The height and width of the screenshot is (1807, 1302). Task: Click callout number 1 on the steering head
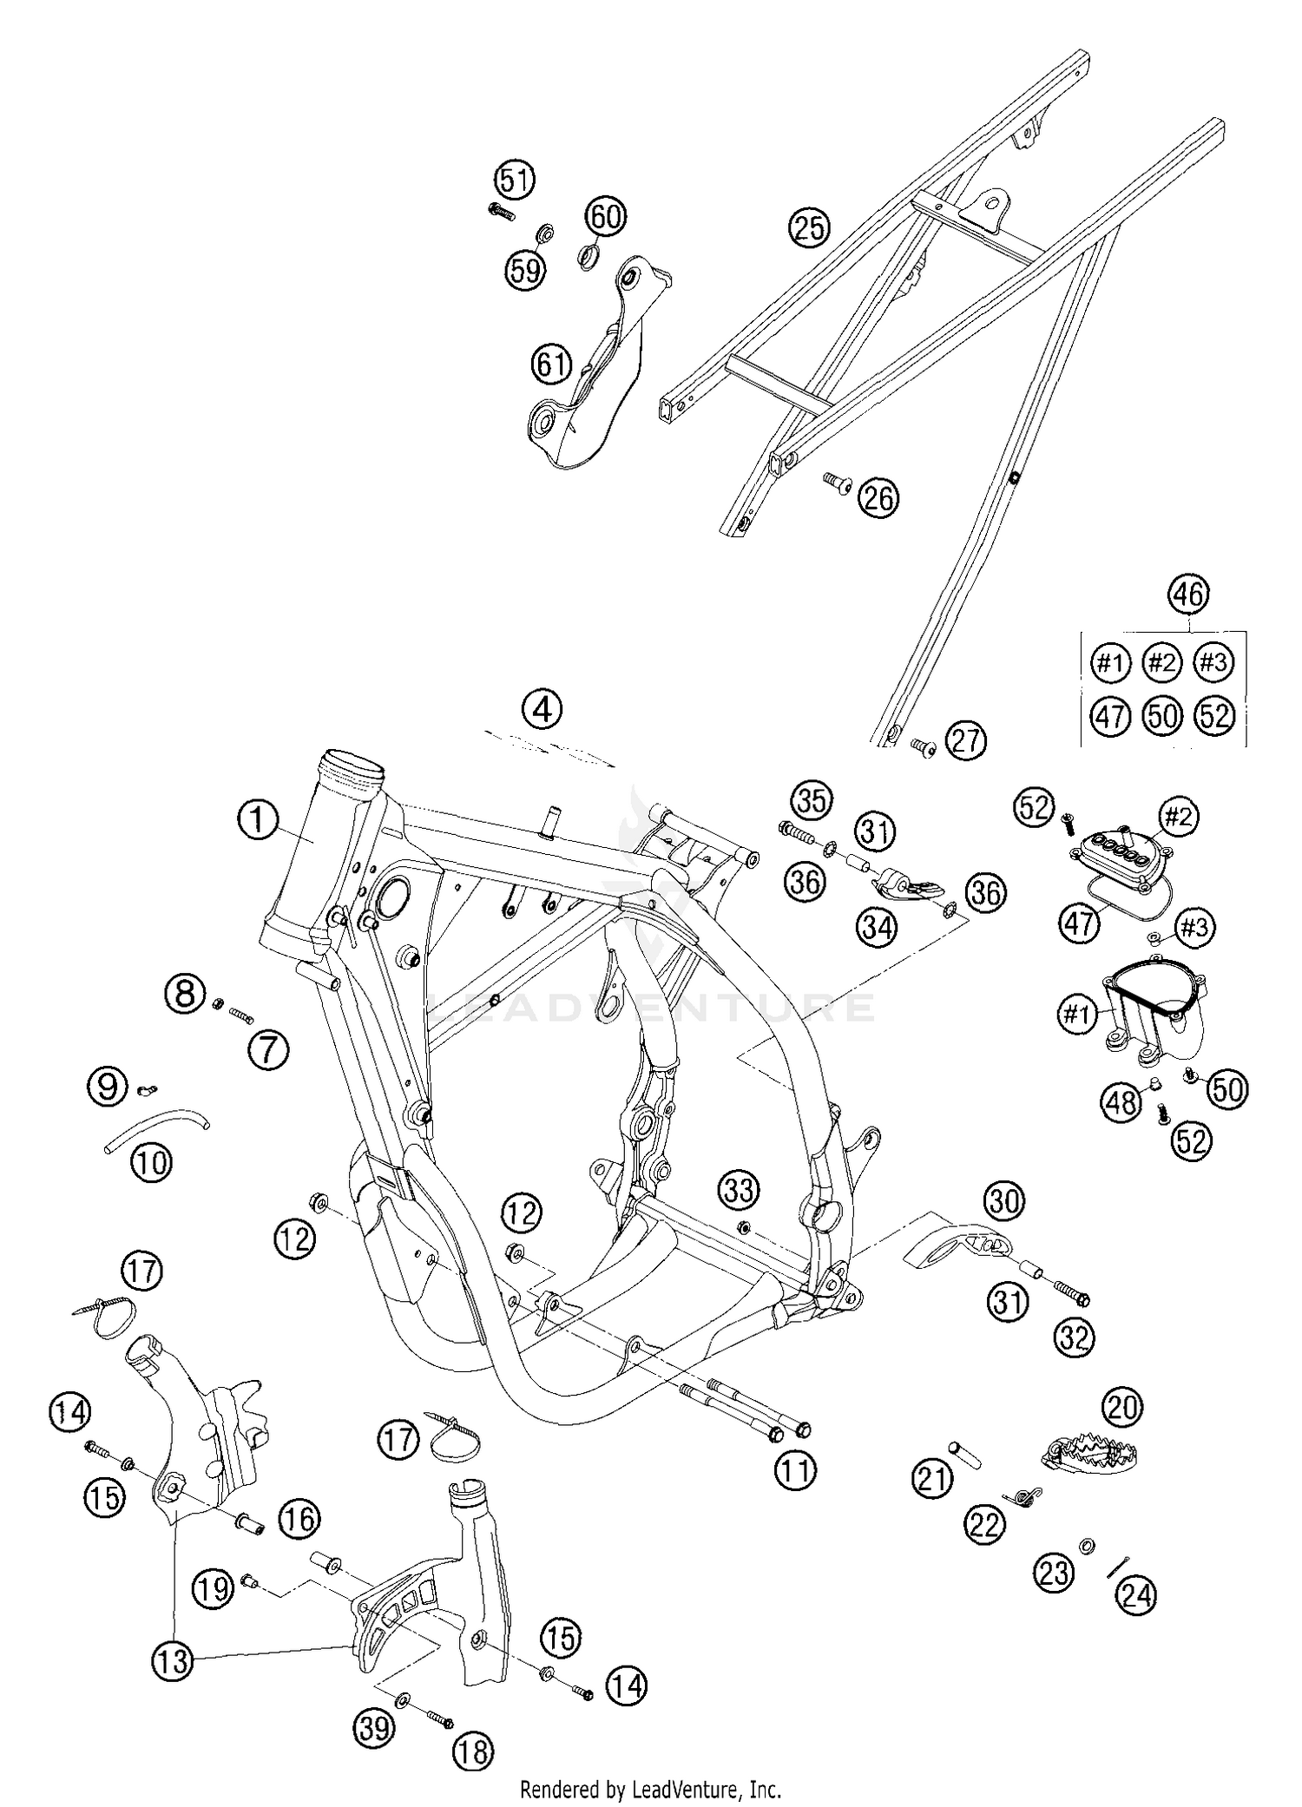(258, 820)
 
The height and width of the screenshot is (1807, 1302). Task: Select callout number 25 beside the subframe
(809, 227)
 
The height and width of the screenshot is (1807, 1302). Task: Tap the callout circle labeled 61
(553, 364)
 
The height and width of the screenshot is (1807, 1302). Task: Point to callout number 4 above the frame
(542, 709)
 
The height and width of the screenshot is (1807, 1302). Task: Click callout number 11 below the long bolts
(796, 1469)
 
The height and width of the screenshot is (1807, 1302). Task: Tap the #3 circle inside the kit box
(1213, 663)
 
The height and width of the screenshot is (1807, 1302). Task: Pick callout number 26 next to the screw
(878, 499)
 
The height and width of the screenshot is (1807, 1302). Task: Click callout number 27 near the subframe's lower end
(966, 741)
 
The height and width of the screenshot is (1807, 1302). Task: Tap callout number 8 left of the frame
(186, 992)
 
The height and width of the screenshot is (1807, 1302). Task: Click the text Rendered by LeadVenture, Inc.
(650, 1789)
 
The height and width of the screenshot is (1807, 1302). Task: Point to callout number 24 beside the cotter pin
(1137, 1594)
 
